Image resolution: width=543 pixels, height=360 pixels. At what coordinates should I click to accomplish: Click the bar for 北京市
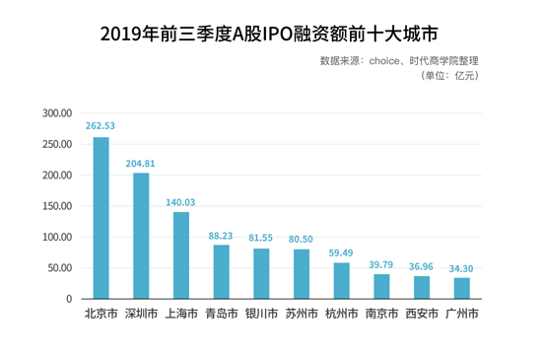coord(102,218)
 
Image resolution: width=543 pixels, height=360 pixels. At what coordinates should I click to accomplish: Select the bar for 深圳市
coord(141,236)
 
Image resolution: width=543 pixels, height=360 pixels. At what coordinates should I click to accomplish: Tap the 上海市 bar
coord(181,255)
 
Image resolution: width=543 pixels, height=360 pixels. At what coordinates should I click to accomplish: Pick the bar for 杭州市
coord(342,281)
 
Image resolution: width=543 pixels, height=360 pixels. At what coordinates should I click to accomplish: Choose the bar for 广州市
coord(462,288)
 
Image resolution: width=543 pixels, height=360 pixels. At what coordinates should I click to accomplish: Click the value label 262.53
coord(101,126)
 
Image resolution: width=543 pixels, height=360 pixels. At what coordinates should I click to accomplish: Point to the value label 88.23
coord(221,236)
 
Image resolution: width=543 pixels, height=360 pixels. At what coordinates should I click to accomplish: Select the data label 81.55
coord(261,238)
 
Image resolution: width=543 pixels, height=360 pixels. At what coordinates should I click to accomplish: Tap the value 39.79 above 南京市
coord(381,265)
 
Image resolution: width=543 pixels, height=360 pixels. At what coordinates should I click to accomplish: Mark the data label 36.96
coord(421,266)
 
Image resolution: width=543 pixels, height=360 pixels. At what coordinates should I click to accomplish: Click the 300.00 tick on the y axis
coord(57,113)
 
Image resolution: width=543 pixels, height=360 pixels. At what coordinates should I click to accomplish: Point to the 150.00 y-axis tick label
coord(57,206)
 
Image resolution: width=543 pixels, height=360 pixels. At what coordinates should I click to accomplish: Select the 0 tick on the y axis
coord(69,299)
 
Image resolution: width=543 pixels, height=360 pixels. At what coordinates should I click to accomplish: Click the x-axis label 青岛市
coord(222,314)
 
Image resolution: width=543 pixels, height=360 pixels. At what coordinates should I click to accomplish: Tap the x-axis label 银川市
coord(261,314)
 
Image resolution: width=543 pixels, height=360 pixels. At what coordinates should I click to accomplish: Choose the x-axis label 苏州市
coord(302,314)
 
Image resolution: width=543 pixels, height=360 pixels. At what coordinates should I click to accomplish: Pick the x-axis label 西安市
coord(422,314)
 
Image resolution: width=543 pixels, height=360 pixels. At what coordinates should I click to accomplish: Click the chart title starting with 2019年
coord(269,34)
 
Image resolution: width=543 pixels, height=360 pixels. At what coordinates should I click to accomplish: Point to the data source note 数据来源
coord(399,61)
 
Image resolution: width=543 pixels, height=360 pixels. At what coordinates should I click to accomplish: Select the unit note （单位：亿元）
coord(449,75)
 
